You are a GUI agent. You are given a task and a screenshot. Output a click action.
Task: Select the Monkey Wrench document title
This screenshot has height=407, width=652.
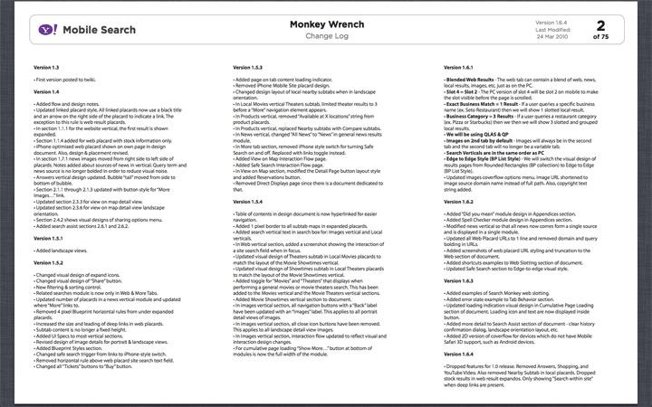[x=325, y=24]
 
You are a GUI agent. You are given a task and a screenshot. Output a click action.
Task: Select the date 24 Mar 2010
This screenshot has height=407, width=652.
[x=551, y=37]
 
